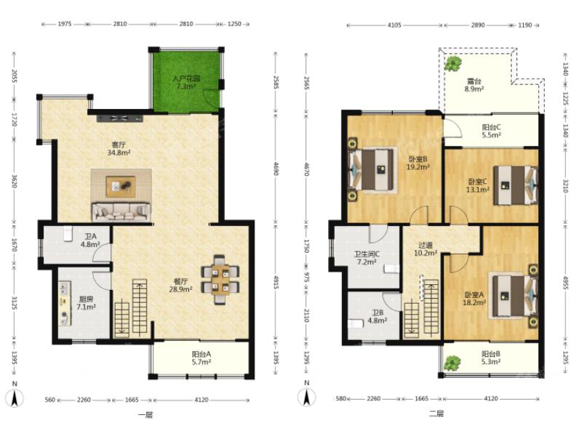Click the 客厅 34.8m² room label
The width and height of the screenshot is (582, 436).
[x=119, y=148]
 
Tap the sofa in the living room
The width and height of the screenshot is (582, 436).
[x=121, y=211]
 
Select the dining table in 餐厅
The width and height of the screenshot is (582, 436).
[x=220, y=280]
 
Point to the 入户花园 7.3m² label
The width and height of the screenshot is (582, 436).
[x=186, y=82]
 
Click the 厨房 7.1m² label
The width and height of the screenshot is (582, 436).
[x=86, y=303]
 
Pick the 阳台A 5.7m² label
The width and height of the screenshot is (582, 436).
[x=202, y=358]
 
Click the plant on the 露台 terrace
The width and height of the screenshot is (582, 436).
[x=453, y=63]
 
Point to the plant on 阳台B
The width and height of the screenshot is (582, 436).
[x=452, y=363]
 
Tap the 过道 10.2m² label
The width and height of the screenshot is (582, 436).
[x=426, y=249]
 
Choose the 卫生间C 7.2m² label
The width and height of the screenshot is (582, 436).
[x=367, y=258]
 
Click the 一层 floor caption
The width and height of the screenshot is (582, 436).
[x=145, y=415]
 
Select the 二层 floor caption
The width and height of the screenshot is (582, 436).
[x=436, y=413]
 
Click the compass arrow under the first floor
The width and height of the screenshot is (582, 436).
[x=15, y=399]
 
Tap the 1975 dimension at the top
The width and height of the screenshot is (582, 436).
[x=64, y=24]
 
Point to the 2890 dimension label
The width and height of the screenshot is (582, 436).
[x=478, y=25]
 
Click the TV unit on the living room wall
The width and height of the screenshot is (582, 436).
[x=119, y=118]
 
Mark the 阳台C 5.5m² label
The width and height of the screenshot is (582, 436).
[x=492, y=132]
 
